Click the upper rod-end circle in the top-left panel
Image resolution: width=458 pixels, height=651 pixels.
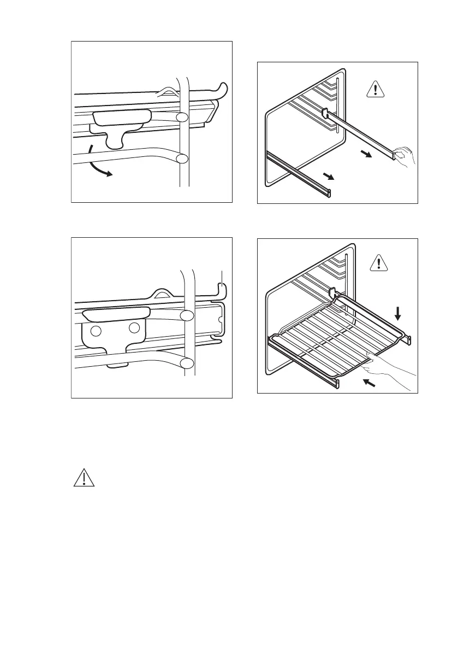[x=182, y=117]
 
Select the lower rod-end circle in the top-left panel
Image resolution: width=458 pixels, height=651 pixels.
[x=182, y=159]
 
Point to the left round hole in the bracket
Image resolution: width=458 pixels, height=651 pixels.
[x=96, y=331]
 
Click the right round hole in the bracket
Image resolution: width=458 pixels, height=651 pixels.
[x=134, y=329]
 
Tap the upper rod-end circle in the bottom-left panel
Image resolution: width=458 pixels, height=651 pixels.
[x=187, y=315]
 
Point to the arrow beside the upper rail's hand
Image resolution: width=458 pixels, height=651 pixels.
[x=367, y=155]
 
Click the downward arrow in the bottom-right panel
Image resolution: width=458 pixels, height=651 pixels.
[x=398, y=313]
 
